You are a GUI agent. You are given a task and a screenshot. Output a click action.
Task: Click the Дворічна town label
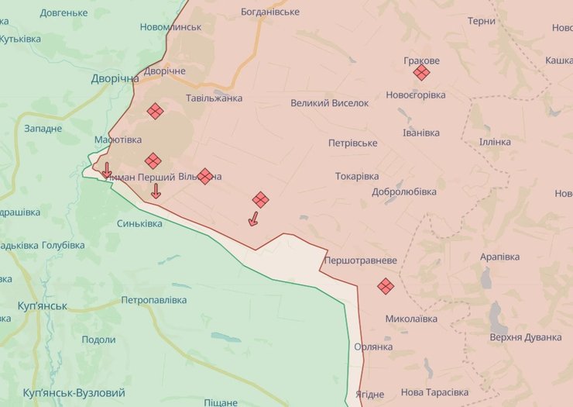click(115, 78)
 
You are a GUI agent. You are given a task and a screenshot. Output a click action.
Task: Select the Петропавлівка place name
click(154, 300)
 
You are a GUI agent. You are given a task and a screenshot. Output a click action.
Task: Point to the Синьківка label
click(139, 223)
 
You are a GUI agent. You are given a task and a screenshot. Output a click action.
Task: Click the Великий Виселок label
click(330, 103)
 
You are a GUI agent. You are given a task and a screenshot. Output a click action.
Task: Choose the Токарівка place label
click(357, 176)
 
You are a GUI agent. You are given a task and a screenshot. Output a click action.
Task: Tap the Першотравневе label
click(362, 260)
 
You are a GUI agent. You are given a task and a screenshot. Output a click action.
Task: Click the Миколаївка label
click(411, 319)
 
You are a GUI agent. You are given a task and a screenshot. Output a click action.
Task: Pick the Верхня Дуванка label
click(526, 337)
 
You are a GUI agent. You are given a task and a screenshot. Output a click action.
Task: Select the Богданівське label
click(270, 12)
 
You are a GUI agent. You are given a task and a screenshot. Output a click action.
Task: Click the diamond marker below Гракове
click(421, 73)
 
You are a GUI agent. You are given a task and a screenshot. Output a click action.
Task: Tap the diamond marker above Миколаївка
click(386, 286)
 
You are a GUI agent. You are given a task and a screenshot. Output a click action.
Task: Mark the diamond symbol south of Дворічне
click(155, 111)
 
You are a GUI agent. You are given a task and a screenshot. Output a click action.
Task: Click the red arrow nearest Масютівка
click(107, 170)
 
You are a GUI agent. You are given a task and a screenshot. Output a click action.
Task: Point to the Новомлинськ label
click(170, 27)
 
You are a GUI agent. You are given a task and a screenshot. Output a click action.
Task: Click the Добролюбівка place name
click(404, 191)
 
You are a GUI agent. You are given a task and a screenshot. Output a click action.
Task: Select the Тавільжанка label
click(214, 98)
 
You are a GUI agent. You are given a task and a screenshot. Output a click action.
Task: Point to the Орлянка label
click(374, 347)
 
